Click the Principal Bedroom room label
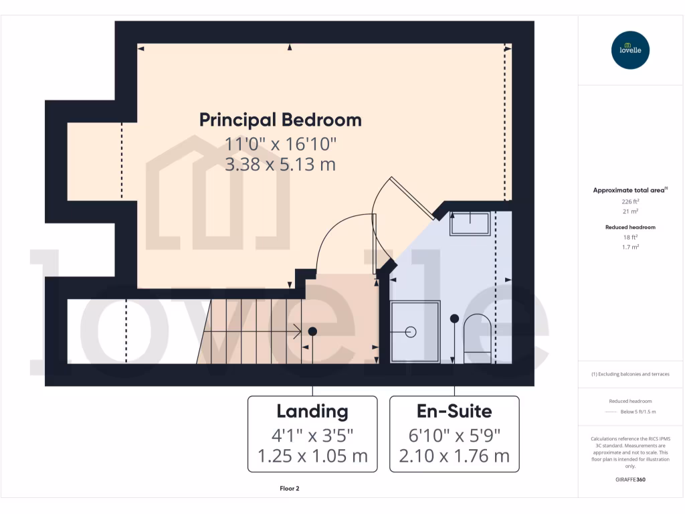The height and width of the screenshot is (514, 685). click(x=280, y=120)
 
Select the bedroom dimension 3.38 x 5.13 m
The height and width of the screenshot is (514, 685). click(x=280, y=164)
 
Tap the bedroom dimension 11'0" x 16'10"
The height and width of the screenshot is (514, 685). click(x=280, y=143)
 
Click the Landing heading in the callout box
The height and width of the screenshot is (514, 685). click(x=312, y=411)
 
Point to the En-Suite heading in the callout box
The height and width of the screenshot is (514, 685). click(x=454, y=411)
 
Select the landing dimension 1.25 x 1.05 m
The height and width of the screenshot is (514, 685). click(x=312, y=456)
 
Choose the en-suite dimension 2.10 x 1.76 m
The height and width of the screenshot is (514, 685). click(x=454, y=456)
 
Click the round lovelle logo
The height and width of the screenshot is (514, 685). click(x=630, y=50)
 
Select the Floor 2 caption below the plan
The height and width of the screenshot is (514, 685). click(x=289, y=489)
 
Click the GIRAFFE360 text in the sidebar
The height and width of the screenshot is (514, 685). click(x=630, y=480)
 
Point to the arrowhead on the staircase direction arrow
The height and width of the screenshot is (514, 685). click(x=297, y=331)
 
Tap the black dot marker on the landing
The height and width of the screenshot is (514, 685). click(x=312, y=331)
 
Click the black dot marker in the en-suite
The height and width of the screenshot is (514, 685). click(x=454, y=319)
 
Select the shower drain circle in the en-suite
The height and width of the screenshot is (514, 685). click(x=411, y=332)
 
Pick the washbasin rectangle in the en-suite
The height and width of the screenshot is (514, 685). click(x=470, y=222)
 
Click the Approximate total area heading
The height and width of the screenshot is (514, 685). click(x=629, y=191)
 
